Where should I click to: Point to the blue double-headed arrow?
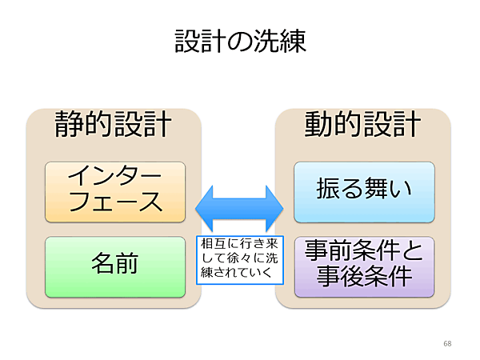(240, 210)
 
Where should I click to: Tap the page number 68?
(446, 343)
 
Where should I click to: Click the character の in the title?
(240, 42)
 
